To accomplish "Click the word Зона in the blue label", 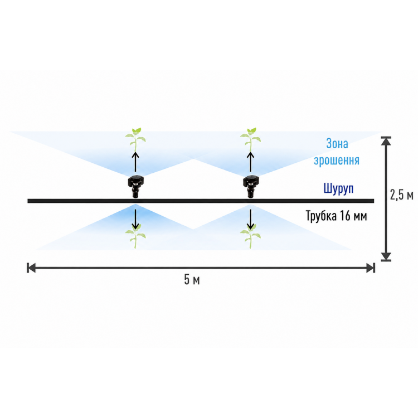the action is (x=337, y=144).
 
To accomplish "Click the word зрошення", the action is (x=337, y=161).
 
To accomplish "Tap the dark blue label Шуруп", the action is (x=338, y=188).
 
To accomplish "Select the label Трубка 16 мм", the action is (x=336, y=216).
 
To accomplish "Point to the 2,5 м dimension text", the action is (x=402, y=195).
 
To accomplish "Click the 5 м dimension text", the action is (x=192, y=280).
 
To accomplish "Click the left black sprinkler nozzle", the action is (x=136, y=186).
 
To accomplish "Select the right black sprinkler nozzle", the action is (x=250, y=186).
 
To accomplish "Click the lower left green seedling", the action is (x=135, y=236).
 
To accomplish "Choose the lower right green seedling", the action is (x=250, y=236).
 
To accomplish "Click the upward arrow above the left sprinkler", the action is (x=135, y=162).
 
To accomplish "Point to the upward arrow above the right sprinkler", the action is (x=250, y=162).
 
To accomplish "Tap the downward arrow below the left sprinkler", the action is (x=135, y=220).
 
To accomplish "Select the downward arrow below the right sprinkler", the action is (x=250, y=220).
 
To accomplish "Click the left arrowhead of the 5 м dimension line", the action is (x=31, y=268).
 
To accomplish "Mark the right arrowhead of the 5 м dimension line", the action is (x=371, y=268).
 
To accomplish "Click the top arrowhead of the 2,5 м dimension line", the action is (x=386, y=141).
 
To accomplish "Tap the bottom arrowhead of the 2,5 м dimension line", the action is (x=386, y=256).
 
